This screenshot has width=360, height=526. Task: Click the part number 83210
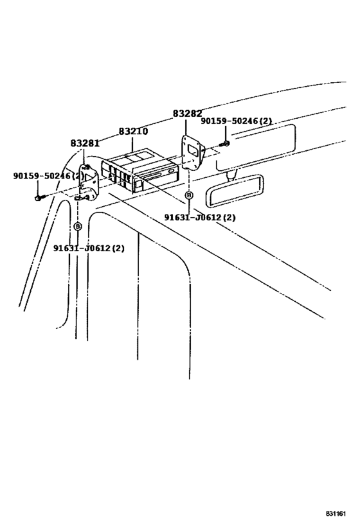(x=133, y=131)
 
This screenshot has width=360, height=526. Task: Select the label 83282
(x=188, y=114)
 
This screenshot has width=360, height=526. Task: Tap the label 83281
(x=85, y=143)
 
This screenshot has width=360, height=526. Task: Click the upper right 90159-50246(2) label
(x=236, y=121)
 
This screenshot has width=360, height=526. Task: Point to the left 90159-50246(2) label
(x=48, y=175)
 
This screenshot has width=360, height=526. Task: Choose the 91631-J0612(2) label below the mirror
(x=199, y=217)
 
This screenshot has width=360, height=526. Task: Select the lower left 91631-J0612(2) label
(x=89, y=248)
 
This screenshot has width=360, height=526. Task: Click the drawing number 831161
(x=336, y=514)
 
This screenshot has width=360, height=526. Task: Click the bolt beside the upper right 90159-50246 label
(x=225, y=142)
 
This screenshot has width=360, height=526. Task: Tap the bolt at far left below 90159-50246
(x=38, y=197)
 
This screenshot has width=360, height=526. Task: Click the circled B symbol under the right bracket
(x=188, y=194)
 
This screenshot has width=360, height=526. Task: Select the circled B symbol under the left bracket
(x=77, y=226)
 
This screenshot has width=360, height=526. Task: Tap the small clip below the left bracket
(x=79, y=198)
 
